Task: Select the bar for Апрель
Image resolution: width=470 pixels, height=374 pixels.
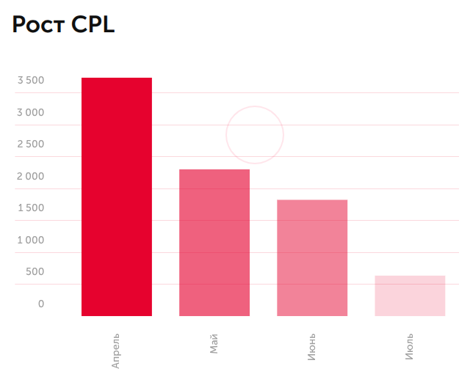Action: [117, 197]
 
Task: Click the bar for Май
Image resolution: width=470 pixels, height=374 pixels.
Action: [214, 243]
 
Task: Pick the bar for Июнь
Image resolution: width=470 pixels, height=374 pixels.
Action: [312, 257]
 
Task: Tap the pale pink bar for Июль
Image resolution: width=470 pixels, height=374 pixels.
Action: [410, 296]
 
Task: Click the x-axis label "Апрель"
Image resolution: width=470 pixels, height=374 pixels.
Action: [116, 350]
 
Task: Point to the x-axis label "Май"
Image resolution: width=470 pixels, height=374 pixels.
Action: [214, 342]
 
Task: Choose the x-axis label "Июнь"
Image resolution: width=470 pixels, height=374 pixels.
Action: [311, 346]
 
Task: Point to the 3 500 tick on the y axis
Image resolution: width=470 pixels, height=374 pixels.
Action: [31, 81]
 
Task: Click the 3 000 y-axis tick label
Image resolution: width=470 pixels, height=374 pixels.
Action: [31, 112]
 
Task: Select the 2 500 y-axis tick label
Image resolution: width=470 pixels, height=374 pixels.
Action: [31, 144]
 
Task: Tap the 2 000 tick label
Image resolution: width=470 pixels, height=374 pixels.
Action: [31, 176]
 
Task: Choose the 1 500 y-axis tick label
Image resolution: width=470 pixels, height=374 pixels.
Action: [31, 208]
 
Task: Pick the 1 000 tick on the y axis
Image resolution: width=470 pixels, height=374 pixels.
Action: [31, 240]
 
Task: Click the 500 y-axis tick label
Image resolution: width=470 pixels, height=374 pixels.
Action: [35, 272]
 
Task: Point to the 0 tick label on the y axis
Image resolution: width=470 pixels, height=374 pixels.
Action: [41, 304]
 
